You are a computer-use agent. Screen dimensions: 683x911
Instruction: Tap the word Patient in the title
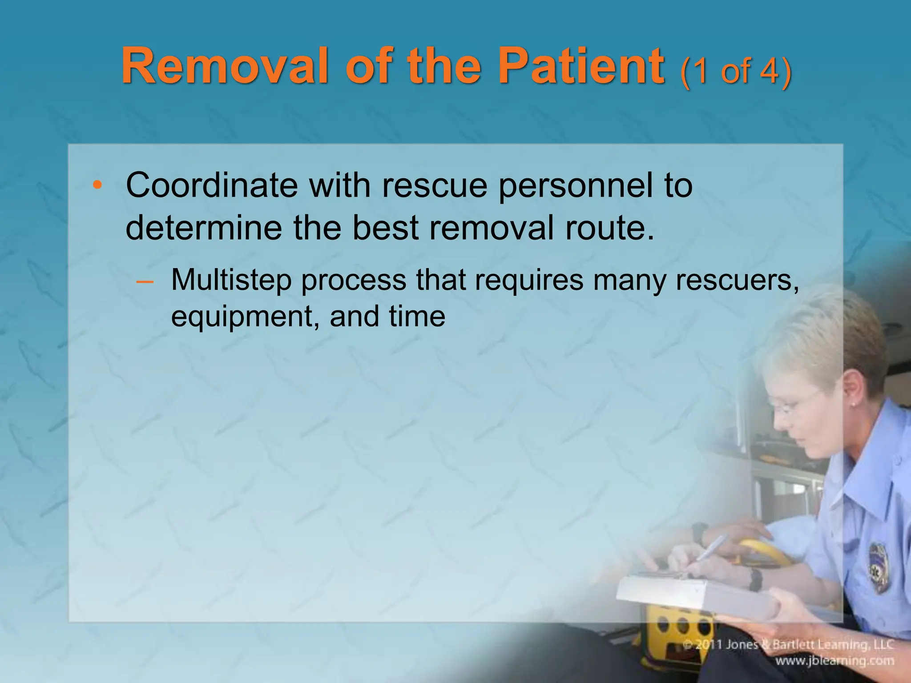[x=581, y=67]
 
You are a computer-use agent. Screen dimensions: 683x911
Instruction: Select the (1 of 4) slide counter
[x=736, y=71]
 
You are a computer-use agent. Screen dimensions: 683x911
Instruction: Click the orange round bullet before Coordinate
[x=97, y=185]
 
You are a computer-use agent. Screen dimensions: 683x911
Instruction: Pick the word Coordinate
[x=212, y=185]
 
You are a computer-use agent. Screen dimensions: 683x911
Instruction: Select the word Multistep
[x=231, y=280]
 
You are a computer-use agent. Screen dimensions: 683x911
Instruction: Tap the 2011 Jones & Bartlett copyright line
[x=787, y=645]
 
